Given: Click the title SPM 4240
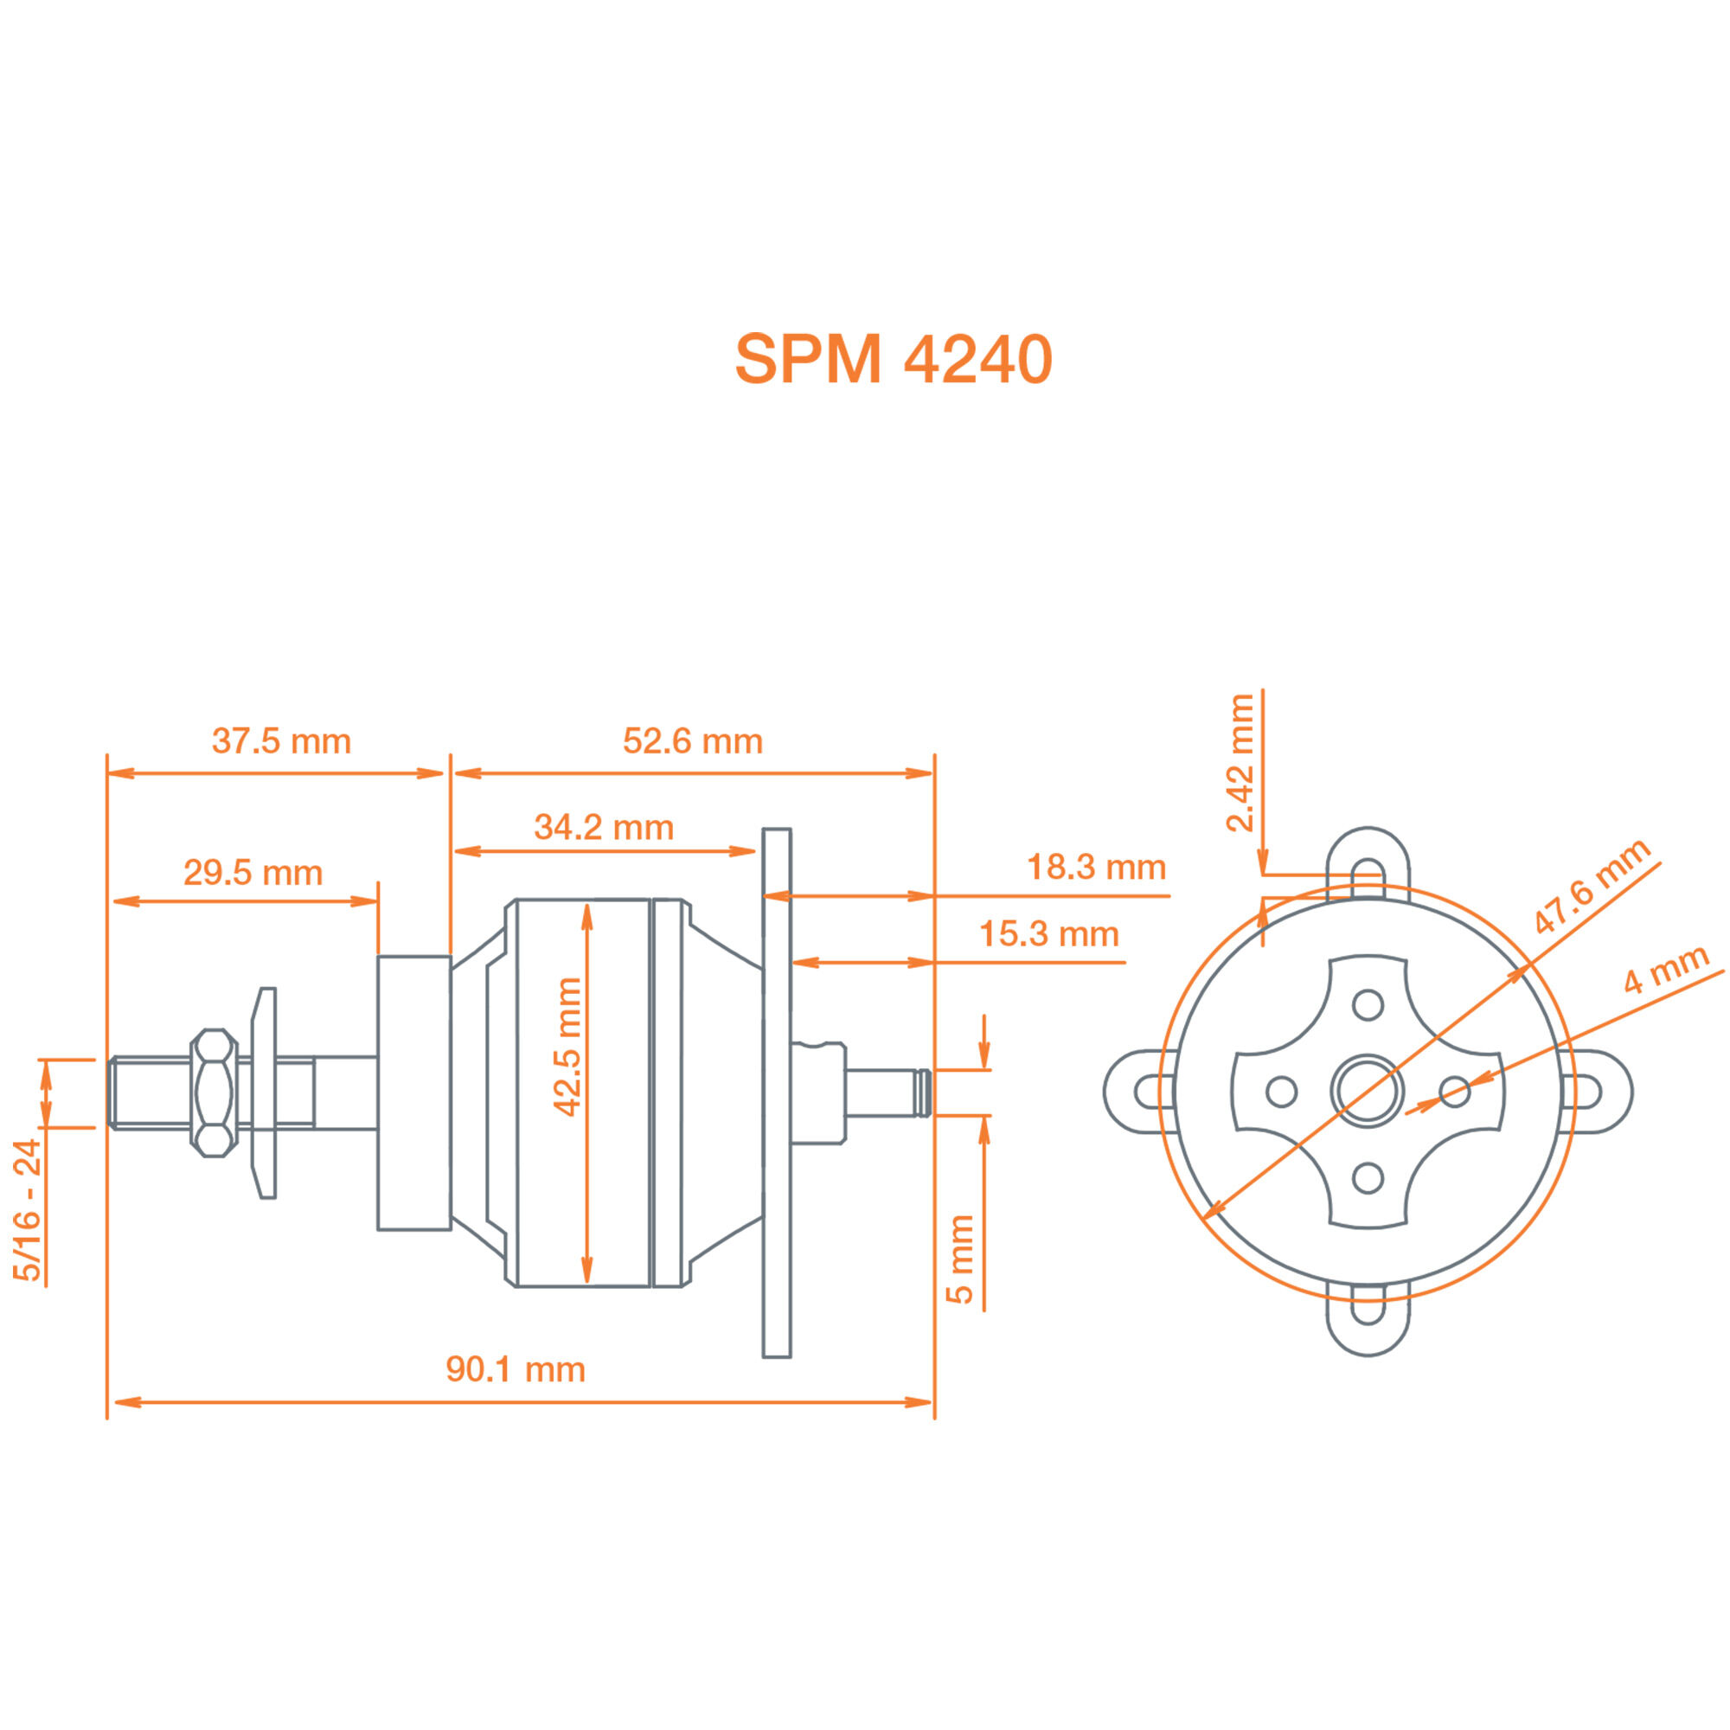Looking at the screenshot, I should click(x=893, y=360).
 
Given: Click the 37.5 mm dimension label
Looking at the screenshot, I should click(x=281, y=741).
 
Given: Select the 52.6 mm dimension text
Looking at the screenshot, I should click(x=692, y=741).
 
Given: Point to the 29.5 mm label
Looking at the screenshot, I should click(x=253, y=873).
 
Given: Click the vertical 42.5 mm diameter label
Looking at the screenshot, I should click(x=567, y=1047).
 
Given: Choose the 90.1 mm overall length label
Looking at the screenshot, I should click(x=515, y=1370).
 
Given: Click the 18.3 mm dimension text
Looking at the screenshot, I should click(x=1096, y=868).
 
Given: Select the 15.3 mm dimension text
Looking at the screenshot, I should click(x=1048, y=935).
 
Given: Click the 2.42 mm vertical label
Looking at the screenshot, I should click(x=1241, y=763).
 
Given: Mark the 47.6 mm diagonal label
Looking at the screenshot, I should click(x=1591, y=886).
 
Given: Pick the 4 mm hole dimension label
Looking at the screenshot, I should click(x=1665, y=970).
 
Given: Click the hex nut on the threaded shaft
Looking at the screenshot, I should click(x=214, y=1092).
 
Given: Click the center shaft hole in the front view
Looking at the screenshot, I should click(x=1367, y=1092).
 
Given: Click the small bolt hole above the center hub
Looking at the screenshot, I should click(x=1368, y=1004).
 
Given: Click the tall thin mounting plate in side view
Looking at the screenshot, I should click(x=777, y=1092).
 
